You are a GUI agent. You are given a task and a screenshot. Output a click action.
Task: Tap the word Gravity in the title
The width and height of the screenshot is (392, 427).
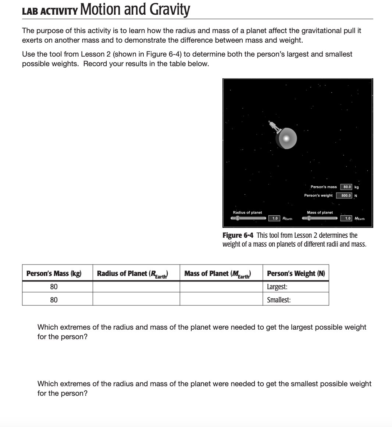click(170, 10)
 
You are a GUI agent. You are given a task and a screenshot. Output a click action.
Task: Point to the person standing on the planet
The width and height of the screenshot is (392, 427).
click(273, 126)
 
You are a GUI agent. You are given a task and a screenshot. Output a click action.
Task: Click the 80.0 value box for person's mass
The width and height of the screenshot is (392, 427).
click(347, 187)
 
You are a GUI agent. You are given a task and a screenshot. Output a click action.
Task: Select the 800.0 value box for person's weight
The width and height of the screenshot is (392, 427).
click(346, 195)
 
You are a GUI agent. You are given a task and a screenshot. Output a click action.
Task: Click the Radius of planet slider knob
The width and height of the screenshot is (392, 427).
click(238, 218)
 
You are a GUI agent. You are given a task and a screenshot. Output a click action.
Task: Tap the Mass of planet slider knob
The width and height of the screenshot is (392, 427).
click(309, 218)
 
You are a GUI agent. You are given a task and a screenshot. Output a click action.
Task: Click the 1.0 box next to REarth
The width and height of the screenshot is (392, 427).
click(274, 218)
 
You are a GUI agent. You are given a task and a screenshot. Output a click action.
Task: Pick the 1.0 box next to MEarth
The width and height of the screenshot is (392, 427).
click(347, 218)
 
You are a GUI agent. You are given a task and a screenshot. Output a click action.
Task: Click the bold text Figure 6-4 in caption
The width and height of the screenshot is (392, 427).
click(238, 235)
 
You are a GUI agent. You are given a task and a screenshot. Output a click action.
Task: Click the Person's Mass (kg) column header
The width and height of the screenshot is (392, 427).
click(54, 273)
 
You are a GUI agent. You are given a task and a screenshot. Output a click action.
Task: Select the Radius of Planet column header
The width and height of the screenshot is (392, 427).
click(133, 273)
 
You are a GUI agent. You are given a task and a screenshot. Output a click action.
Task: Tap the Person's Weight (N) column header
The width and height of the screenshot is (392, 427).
click(296, 273)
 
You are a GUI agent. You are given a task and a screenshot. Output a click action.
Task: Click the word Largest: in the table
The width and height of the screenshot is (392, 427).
click(277, 287)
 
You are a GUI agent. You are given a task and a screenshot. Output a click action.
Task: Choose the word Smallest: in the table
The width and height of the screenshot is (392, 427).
click(279, 299)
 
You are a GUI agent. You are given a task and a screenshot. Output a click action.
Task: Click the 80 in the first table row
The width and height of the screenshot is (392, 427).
click(54, 287)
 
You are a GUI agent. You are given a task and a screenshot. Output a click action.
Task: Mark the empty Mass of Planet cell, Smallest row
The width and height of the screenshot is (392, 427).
click(221, 299)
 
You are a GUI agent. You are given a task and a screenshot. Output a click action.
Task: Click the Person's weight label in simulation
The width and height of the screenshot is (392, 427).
click(318, 195)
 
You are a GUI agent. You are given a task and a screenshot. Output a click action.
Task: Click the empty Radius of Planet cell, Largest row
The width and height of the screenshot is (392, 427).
click(136, 287)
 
